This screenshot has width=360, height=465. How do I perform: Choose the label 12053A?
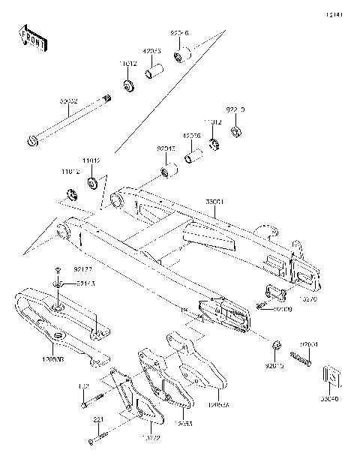click(220, 403)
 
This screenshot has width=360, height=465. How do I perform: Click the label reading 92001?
click(310, 344)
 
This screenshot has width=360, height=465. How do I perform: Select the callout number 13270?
click(308, 298)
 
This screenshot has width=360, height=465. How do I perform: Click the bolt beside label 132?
click(84, 406)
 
